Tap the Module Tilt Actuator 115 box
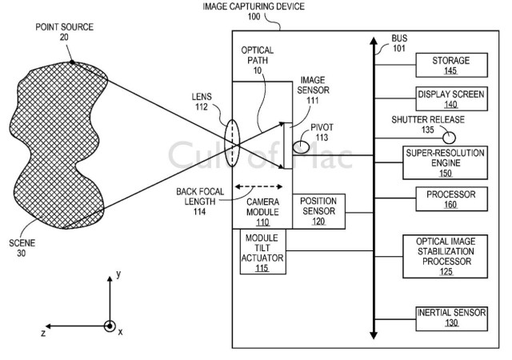click(x=262, y=251)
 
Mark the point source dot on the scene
click(x=71, y=62)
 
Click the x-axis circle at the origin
click(x=110, y=326)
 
